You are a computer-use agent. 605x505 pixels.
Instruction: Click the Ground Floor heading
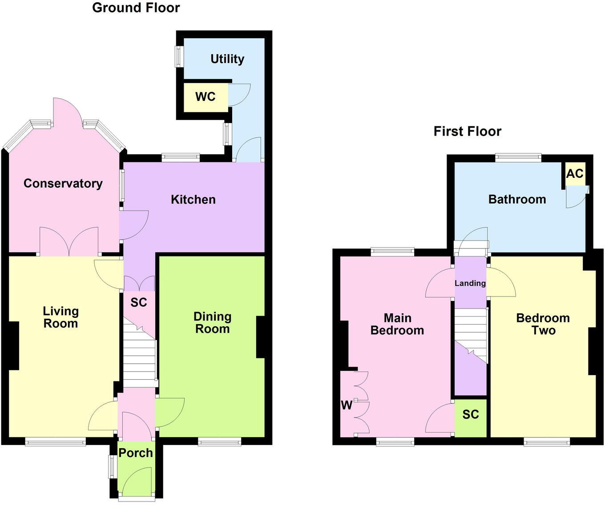(136, 8)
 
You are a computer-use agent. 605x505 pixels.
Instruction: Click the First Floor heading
(467, 131)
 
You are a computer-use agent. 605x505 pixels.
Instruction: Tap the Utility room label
(227, 59)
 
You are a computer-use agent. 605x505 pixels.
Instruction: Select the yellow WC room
(206, 96)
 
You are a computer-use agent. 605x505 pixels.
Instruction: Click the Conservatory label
(63, 183)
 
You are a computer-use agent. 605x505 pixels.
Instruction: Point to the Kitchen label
(193, 199)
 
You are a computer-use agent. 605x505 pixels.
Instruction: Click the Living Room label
(60, 317)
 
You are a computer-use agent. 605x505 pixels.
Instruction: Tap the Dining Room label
(212, 322)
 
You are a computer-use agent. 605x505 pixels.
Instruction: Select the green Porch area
(136, 467)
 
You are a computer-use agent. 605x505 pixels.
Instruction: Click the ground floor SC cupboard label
(139, 302)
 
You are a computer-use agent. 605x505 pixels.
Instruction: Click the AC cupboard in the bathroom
(574, 173)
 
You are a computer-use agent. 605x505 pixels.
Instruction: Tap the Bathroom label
(517, 199)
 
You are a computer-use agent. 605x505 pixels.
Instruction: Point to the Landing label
(470, 283)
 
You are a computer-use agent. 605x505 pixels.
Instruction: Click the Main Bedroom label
(397, 324)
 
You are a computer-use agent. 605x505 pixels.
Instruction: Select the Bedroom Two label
(543, 324)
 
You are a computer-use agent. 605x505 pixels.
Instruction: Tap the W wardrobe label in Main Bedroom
(347, 405)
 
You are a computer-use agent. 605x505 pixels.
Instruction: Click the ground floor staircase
(139, 356)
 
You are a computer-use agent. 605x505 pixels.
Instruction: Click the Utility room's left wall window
(178, 56)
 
